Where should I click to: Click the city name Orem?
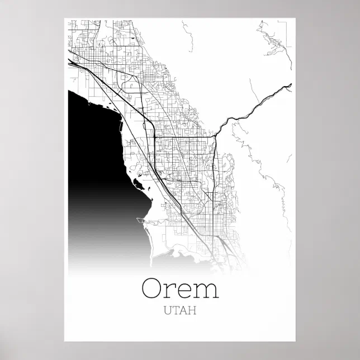[x=180, y=288]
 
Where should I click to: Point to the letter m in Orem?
[x=206, y=290]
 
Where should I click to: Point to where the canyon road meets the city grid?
[x=216, y=135]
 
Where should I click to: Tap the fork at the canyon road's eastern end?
[x=289, y=86]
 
